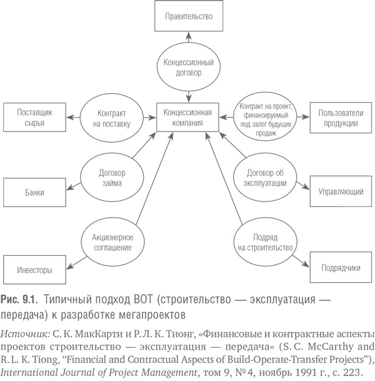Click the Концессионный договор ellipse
(189, 67)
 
